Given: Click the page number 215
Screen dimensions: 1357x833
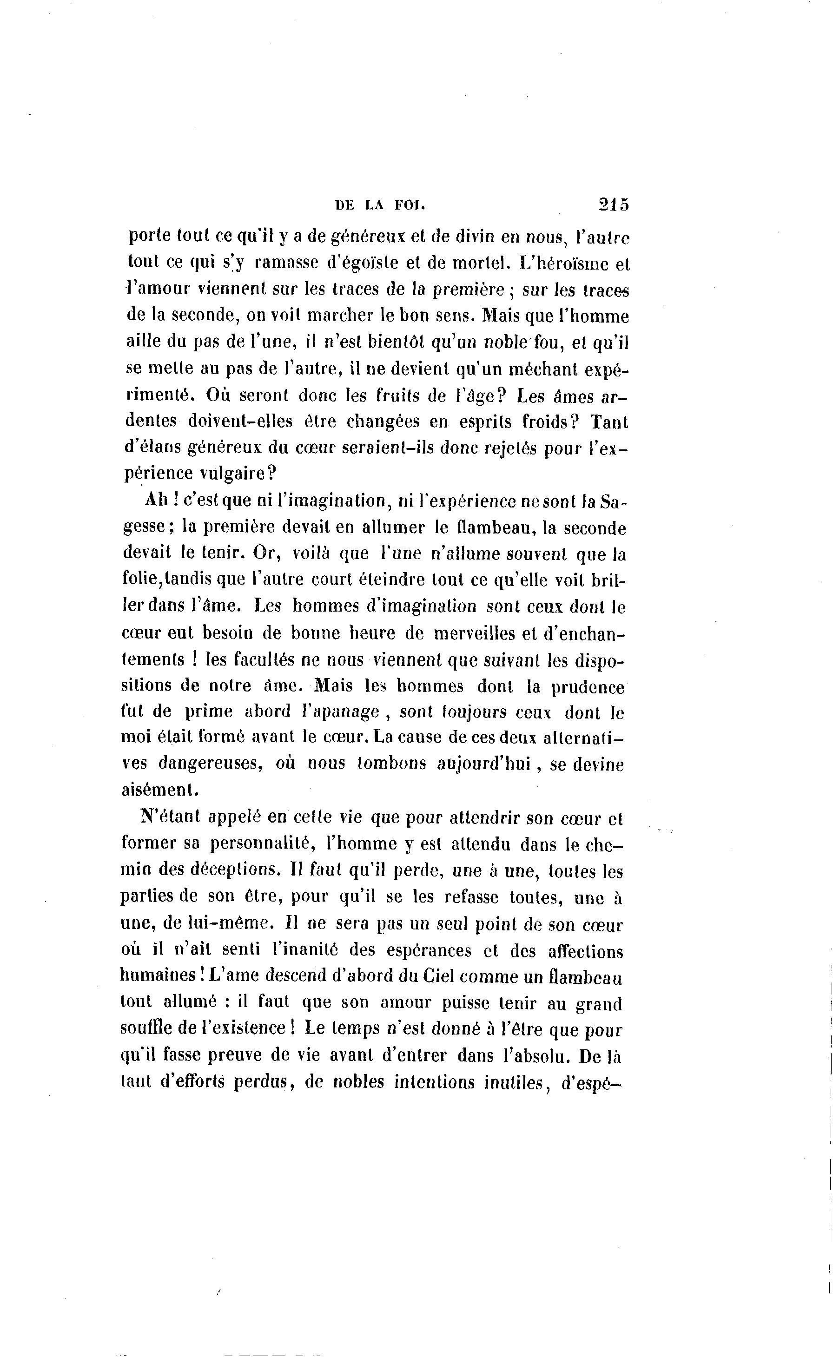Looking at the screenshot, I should click(613, 204).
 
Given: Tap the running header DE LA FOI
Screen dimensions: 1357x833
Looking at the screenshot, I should click(381, 205).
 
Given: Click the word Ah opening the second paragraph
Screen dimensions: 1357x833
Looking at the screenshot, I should click(155, 500).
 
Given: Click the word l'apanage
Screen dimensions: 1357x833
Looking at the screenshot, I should click(338, 711).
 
